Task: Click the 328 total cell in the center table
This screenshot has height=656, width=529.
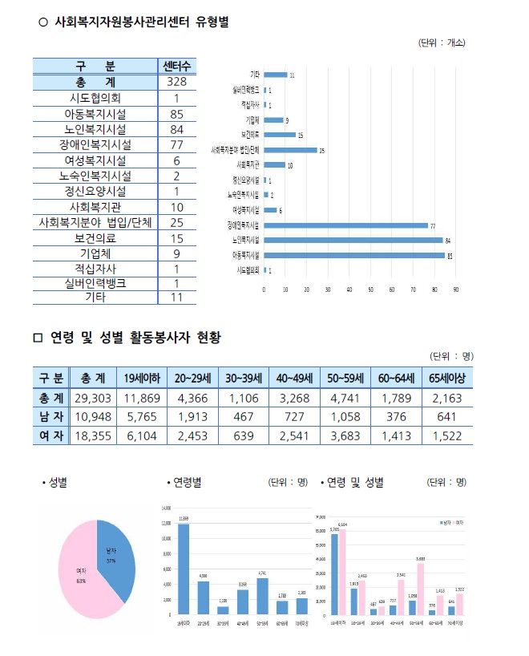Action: pyautogui.click(x=177, y=82)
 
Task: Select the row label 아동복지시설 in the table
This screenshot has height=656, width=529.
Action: pyautogui.click(x=95, y=114)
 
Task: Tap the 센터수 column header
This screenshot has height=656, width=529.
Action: pyautogui.click(x=177, y=66)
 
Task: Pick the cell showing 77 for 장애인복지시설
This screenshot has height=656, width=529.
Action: pyautogui.click(x=177, y=144)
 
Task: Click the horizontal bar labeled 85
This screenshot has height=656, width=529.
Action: pyautogui.click(x=353, y=255)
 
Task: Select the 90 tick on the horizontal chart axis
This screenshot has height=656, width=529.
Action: pyautogui.click(x=456, y=289)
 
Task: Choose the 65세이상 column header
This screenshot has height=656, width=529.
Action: pyautogui.click(x=447, y=378)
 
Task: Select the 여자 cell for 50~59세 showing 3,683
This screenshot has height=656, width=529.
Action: pyautogui.click(x=346, y=435)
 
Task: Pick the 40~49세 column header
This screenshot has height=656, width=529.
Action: pyautogui.click(x=296, y=378)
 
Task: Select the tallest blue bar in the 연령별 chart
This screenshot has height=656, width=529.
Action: pyautogui.click(x=184, y=569)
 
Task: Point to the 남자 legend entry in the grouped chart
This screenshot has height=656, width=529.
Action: pyautogui.click(x=446, y=522)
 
